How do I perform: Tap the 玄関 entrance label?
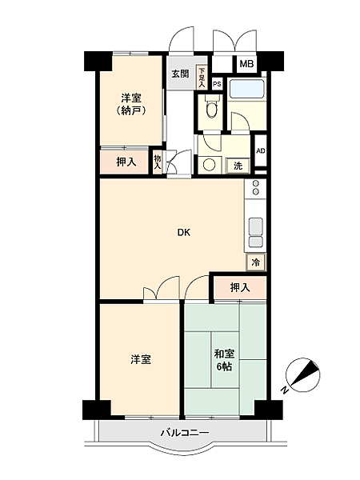tap(180, 74)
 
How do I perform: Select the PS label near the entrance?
tap(216, 82)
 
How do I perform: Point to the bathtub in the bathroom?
tap(246, 90)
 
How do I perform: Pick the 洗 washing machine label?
tap(238, 166)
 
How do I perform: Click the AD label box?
tap(260, 150)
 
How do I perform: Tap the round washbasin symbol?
tap(210, 166)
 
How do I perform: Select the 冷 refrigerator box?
tap(256, 262)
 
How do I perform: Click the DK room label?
tap(184, 233)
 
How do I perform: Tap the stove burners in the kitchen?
tap(256, 190)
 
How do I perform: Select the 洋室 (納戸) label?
tap(131, 104)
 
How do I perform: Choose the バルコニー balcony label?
tap(184, 433)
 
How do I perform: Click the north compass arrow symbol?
tap(302, 376)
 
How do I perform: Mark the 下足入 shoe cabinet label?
tap(202, 78)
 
